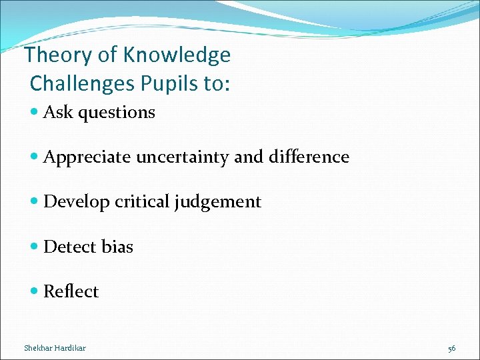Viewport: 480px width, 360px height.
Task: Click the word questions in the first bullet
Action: [x=116, y=113]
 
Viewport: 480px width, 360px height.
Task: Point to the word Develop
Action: [x=77, y=202]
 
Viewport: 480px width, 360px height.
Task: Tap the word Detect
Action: [x=70, y=247]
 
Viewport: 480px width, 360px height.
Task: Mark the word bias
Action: [x=117, y=247]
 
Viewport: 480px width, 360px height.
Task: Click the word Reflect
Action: [x=71, y=291]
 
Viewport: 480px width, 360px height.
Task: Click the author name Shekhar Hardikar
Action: [x=55, y=348]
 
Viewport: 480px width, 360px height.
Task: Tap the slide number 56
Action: [x=452, y=348]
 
